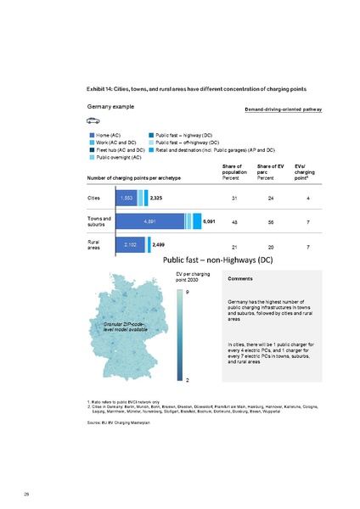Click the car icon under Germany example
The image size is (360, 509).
92,120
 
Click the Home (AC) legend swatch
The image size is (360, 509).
92,135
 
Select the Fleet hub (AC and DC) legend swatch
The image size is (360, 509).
92,149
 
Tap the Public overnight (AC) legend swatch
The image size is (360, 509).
92,157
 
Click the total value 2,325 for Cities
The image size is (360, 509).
158,198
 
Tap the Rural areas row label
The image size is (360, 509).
94,244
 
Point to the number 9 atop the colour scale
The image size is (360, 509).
188,293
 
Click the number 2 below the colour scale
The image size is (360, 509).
188,379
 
